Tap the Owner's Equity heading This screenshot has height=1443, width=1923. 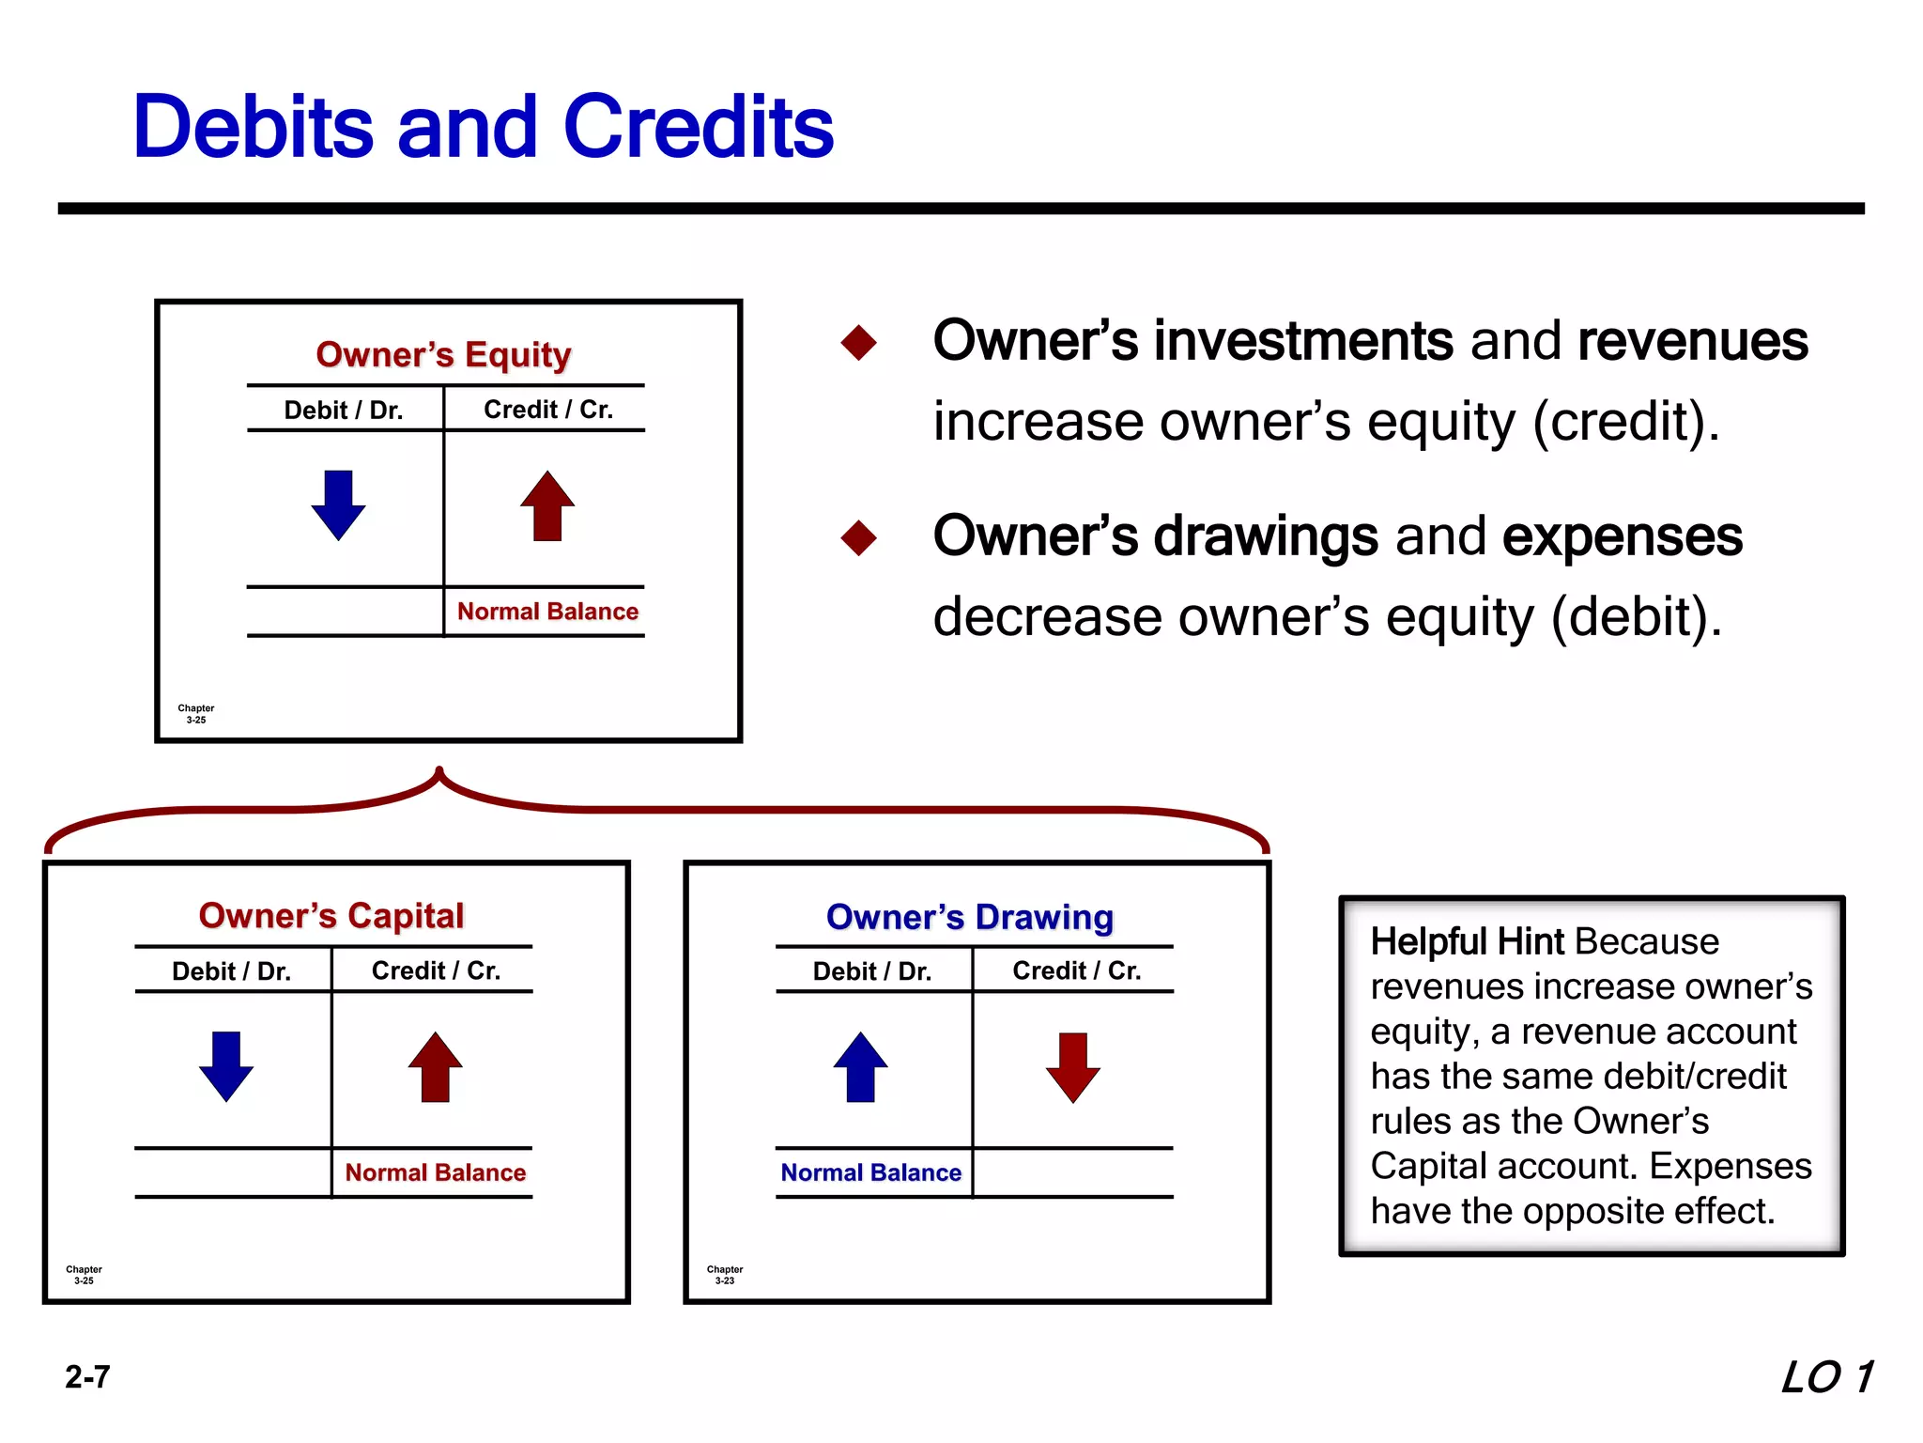tap(443, 354)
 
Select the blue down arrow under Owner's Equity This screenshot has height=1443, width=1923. tap(338, 504)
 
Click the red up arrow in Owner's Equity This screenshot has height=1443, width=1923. tap(547, 505)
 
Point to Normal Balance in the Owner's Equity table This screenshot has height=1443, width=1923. tap(547, 612)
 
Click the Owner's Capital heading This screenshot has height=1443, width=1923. tap(331, 915)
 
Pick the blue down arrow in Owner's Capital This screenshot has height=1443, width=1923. tap(226, 1065)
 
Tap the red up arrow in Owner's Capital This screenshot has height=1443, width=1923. tap(436, 1066)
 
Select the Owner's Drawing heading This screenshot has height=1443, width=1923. tap(970, 916)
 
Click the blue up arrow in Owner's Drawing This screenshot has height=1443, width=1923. tap(860, 1066)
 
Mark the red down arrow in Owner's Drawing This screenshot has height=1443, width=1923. tap(1072, 1066)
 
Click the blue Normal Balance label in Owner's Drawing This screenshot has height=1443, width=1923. tap(871, 1172)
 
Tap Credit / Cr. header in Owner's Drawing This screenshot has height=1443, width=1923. tap(1076, 970)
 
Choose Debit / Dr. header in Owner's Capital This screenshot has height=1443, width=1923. tap(232, 970)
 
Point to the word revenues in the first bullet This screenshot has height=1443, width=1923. tap(1692, 341)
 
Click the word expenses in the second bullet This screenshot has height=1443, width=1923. tap(1622, 536)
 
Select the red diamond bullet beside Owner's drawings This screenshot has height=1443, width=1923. tap(858, 538)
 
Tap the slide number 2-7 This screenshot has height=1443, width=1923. tap(87, 1377)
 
